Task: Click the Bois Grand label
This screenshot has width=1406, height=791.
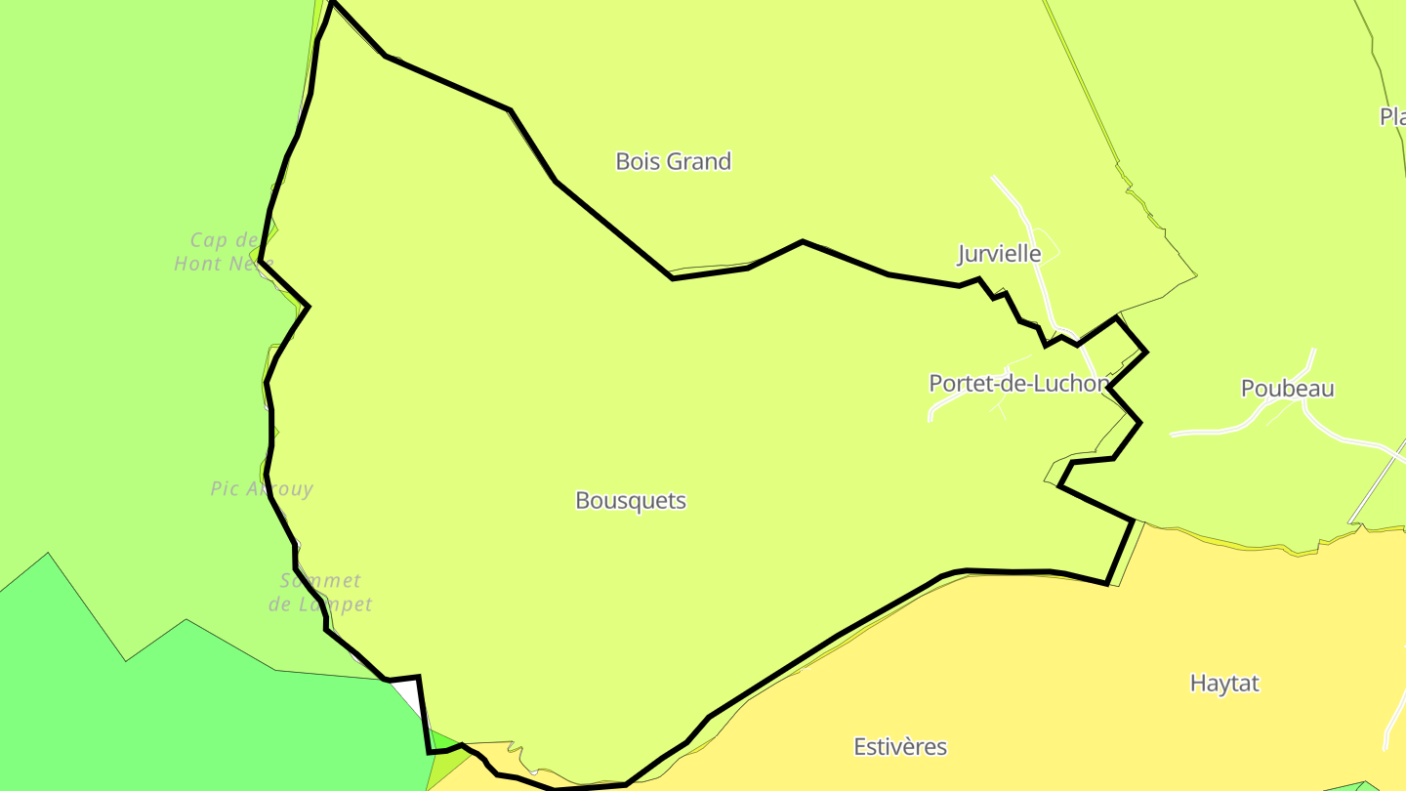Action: click(673, 161)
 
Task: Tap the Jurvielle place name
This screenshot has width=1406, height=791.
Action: click(999, 254)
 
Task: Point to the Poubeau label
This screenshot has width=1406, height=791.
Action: click(1287, 389)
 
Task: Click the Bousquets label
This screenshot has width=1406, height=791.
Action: click(631, 501)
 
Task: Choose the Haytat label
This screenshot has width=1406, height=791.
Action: click(1224, 684)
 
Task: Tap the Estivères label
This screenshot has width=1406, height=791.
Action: click(900, 747)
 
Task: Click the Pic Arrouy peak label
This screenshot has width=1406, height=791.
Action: click(262, 488)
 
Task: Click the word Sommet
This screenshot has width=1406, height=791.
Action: click(320, 581)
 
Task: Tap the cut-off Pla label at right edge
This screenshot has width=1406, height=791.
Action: click(1393, 117)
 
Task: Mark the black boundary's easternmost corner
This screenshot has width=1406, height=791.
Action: click(1146, 352)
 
